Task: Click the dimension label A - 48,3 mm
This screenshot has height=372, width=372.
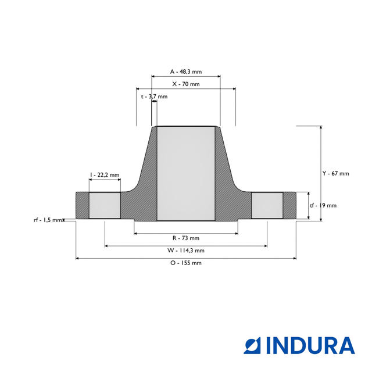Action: coord(186,71)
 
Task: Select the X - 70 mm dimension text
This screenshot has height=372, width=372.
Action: coord(186,84)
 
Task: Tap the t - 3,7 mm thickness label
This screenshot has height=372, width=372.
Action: coord(154,96)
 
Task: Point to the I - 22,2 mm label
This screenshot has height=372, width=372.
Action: coord(105,175)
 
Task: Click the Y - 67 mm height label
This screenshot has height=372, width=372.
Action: coord(336,174)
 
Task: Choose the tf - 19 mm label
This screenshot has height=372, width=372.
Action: coord(323,205)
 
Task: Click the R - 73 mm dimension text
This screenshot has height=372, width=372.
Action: coord(186,238)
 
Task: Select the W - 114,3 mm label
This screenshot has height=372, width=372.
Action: coord(186,251)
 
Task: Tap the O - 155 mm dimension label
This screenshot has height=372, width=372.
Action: coord(186,263)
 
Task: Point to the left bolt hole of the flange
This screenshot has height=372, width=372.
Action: coord(105,206)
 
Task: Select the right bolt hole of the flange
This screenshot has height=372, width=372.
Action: coord(267,206)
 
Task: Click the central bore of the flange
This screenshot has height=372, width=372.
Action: coord(186,174)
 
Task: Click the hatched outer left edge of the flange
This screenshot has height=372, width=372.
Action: coord(81,206)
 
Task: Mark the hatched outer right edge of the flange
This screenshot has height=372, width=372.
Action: coord(289,206)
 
